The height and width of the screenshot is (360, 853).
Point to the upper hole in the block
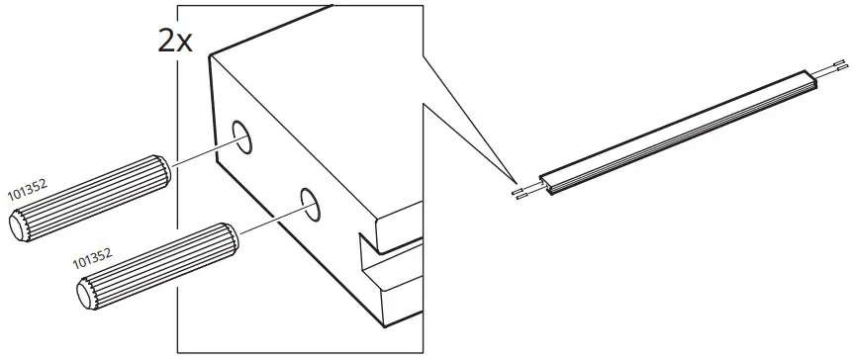[242, 137]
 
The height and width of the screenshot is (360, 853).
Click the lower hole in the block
[308, 205]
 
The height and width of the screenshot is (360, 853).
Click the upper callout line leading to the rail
[465, 120]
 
